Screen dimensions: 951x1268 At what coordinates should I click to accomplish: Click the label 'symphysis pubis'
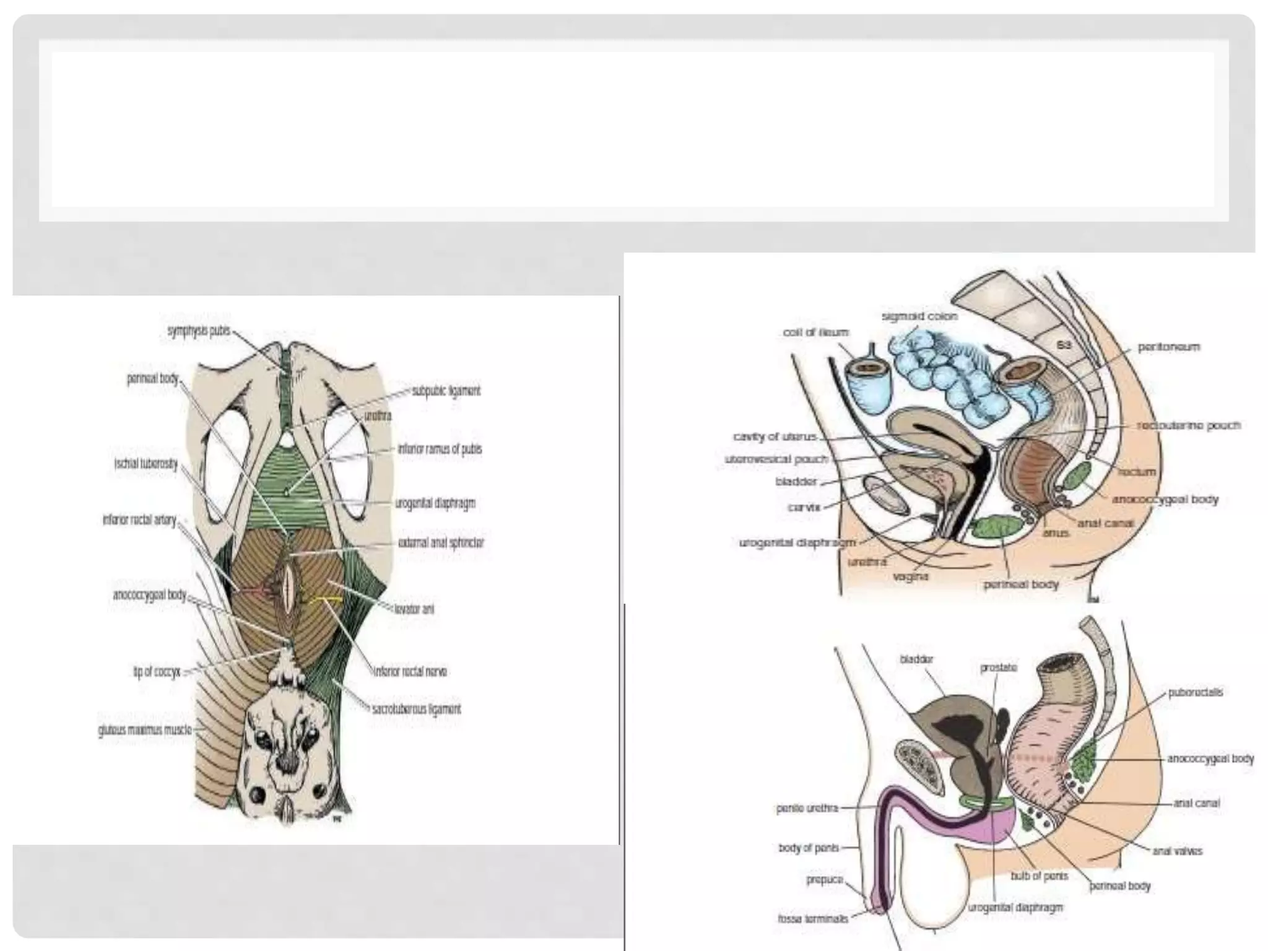198,331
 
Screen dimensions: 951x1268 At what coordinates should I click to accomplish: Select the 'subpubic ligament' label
446,391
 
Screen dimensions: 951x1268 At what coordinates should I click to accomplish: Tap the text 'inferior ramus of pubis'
440,449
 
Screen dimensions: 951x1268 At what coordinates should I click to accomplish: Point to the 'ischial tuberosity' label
146,464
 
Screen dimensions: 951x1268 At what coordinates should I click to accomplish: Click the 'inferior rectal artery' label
139,520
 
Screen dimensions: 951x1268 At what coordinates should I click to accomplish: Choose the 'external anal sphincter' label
441,542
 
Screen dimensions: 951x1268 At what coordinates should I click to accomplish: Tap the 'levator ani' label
414,609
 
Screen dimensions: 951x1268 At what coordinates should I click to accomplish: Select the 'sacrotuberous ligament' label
417,708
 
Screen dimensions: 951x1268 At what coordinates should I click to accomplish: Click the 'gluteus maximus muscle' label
144,731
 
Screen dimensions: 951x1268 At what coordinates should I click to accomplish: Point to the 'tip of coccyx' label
157,671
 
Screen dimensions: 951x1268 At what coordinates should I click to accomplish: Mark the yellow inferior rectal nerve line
326,599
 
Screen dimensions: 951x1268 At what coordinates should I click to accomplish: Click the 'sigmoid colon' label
919,316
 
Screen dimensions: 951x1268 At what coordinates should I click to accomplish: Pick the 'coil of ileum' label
815,332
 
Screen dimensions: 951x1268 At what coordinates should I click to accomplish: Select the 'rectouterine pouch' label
1189,425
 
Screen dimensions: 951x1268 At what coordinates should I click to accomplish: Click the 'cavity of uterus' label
775,436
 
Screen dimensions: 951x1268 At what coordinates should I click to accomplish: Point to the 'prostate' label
998,668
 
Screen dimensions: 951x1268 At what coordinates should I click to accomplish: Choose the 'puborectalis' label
1196,692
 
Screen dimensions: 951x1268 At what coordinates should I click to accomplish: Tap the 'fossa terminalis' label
812,919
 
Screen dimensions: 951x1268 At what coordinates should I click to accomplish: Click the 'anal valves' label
1177,851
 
